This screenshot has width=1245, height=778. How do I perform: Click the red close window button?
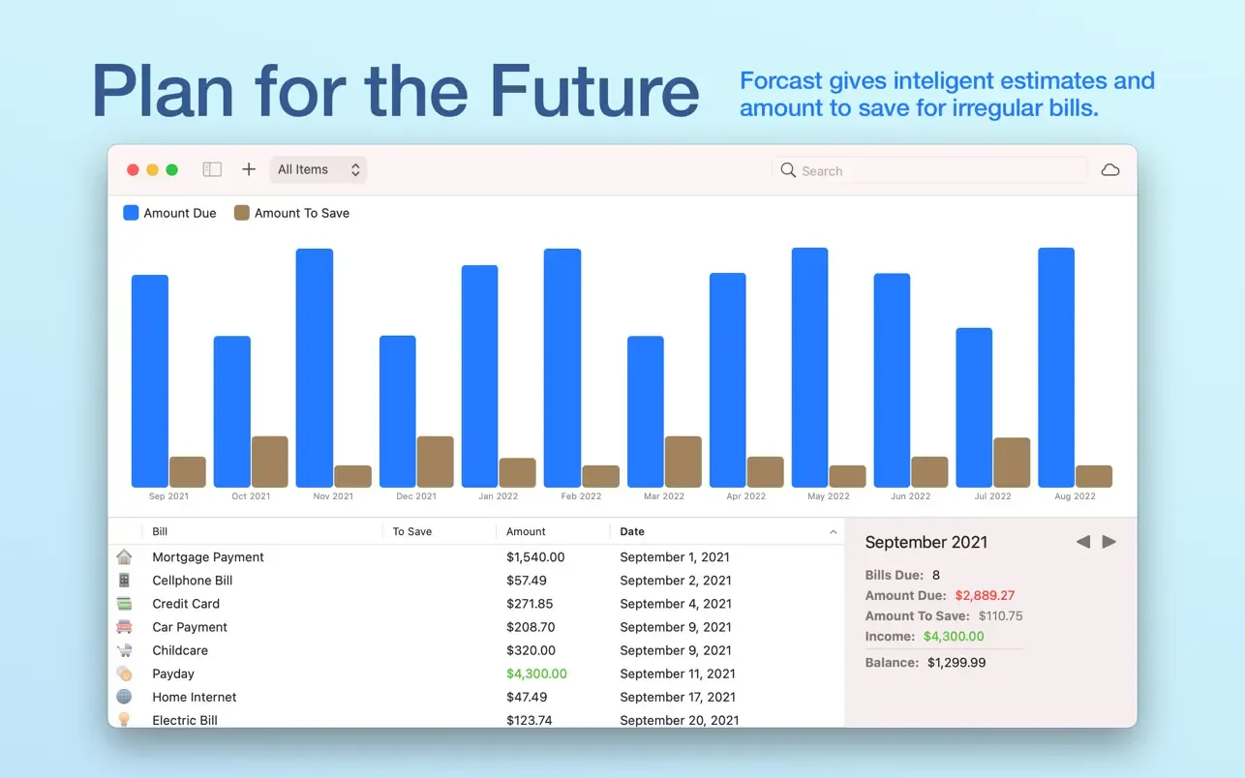[x=133, y=169]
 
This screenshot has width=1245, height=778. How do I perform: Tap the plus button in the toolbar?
[x=249, y=169]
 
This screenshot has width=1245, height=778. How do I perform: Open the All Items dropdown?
[x=319, y=169]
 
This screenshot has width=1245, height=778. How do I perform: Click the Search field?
[x=929, y=170]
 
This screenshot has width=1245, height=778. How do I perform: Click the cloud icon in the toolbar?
[x=1109, y=170]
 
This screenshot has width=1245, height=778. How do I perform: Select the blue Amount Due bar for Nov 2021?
[x=315, y=368]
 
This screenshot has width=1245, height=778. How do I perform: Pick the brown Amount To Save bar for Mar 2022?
[x=683, y=462]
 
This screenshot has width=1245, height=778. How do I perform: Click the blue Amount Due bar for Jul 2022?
[x=974, y=407]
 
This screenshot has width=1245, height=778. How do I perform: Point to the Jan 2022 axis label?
[x=498, y=496]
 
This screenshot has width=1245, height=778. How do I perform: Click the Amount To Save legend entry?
[x=291, y=213]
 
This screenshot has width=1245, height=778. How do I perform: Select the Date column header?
[x=632, y=531]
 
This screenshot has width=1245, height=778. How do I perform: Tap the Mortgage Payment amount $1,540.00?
[x=535, y=556]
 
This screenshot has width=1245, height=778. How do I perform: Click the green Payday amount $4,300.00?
[x=536, y=673]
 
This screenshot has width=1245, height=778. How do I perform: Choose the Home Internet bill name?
[x=194, y=697]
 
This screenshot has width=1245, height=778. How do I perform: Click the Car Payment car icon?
[x=124, y=627]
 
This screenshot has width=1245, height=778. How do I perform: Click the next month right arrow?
[x=1108, y=541]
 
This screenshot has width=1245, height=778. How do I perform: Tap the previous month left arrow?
[x=1082, y=541]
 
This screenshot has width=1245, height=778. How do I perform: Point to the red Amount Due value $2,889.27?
[x=985, y=595]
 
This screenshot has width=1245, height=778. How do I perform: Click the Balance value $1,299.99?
[x=957, y=663]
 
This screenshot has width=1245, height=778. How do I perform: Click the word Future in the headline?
[x=594, y=91]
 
